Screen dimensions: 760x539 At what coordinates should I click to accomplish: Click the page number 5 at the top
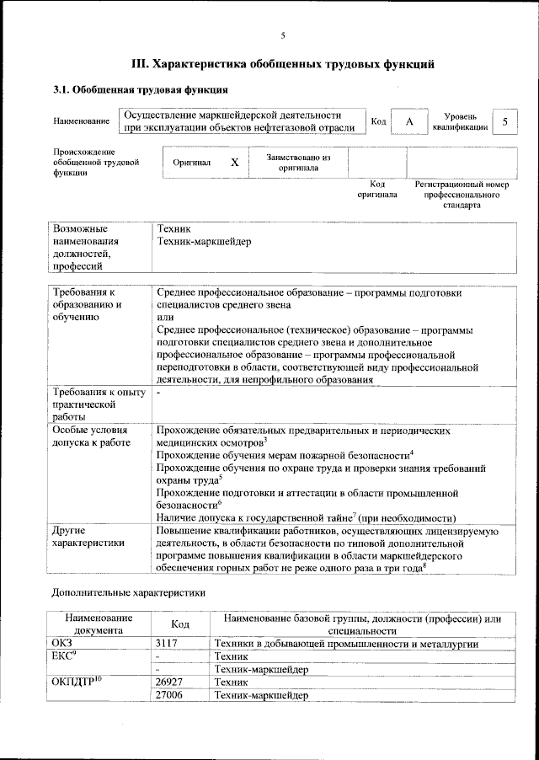point(283,35)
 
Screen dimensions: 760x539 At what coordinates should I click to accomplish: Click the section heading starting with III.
point(283,63)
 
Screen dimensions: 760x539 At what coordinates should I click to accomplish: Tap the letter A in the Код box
point(409,122)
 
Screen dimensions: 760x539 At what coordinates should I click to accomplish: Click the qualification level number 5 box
point(504,122)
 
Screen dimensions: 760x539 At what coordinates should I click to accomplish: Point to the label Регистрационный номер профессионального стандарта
point(462,194)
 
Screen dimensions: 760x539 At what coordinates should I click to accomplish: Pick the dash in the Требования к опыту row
point(158,392)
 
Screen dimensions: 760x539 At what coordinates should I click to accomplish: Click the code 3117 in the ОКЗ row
point(168,644)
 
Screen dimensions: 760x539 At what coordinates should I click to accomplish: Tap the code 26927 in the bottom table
point(171,682)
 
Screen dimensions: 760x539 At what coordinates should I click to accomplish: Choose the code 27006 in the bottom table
point(171,695)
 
